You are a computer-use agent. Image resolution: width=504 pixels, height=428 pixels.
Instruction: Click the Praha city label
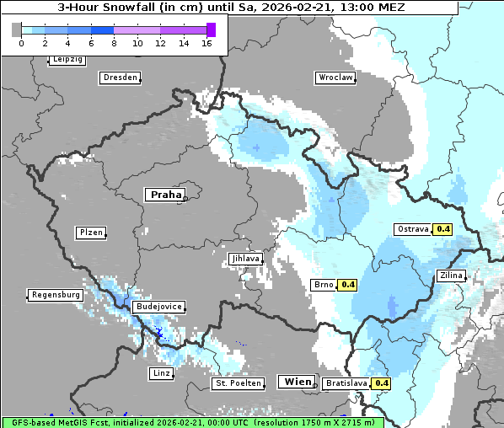pyautogui.click(x=165, y=195)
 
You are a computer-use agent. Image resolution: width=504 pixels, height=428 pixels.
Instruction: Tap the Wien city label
pyautogui.click(x=298, y=382)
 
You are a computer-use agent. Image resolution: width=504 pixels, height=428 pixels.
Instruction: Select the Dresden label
pyautogui.click(x=120, y=78)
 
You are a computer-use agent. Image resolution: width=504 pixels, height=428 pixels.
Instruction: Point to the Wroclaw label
pyautogui.click(x=335, y=78)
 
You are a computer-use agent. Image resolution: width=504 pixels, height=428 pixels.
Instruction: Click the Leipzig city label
pyautogui.click(x=67, y=60)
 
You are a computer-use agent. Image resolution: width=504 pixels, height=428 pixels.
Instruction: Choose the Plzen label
pyautogui.click(x=91, y=233)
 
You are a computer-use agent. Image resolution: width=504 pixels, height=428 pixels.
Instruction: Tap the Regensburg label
pyautogui.click(x=56, y=296)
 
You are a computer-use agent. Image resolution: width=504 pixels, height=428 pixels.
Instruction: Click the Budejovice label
pyautogui.click(x=158, y=308)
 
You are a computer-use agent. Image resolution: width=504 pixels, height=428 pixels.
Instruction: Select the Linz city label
pyautogui.click(x=161, y=372)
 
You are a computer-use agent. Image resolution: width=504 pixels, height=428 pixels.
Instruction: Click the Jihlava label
pyautogui.click(x=245, y=259)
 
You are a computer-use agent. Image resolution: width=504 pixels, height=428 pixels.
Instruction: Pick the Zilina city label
pyautogui.click(x=450, y=276)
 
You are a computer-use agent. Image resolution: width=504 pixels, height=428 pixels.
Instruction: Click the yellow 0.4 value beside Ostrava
pyautogui.click(x=443, y=229)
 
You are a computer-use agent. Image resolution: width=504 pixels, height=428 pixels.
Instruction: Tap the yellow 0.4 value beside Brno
pyautogui.click(x=347, y=285)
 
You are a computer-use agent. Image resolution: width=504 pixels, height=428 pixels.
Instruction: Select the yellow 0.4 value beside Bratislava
pyautogui.click(x=382, y=383)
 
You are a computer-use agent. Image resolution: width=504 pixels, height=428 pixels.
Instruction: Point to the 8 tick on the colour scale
pyautogui.click(x=114, y=43)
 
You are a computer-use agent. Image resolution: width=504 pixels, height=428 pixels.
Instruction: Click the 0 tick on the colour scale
pyautogui.click(x=20, y=43)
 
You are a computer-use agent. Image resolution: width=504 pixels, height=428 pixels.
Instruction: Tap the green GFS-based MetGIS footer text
pyautogui.click(x=192, y=422)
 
